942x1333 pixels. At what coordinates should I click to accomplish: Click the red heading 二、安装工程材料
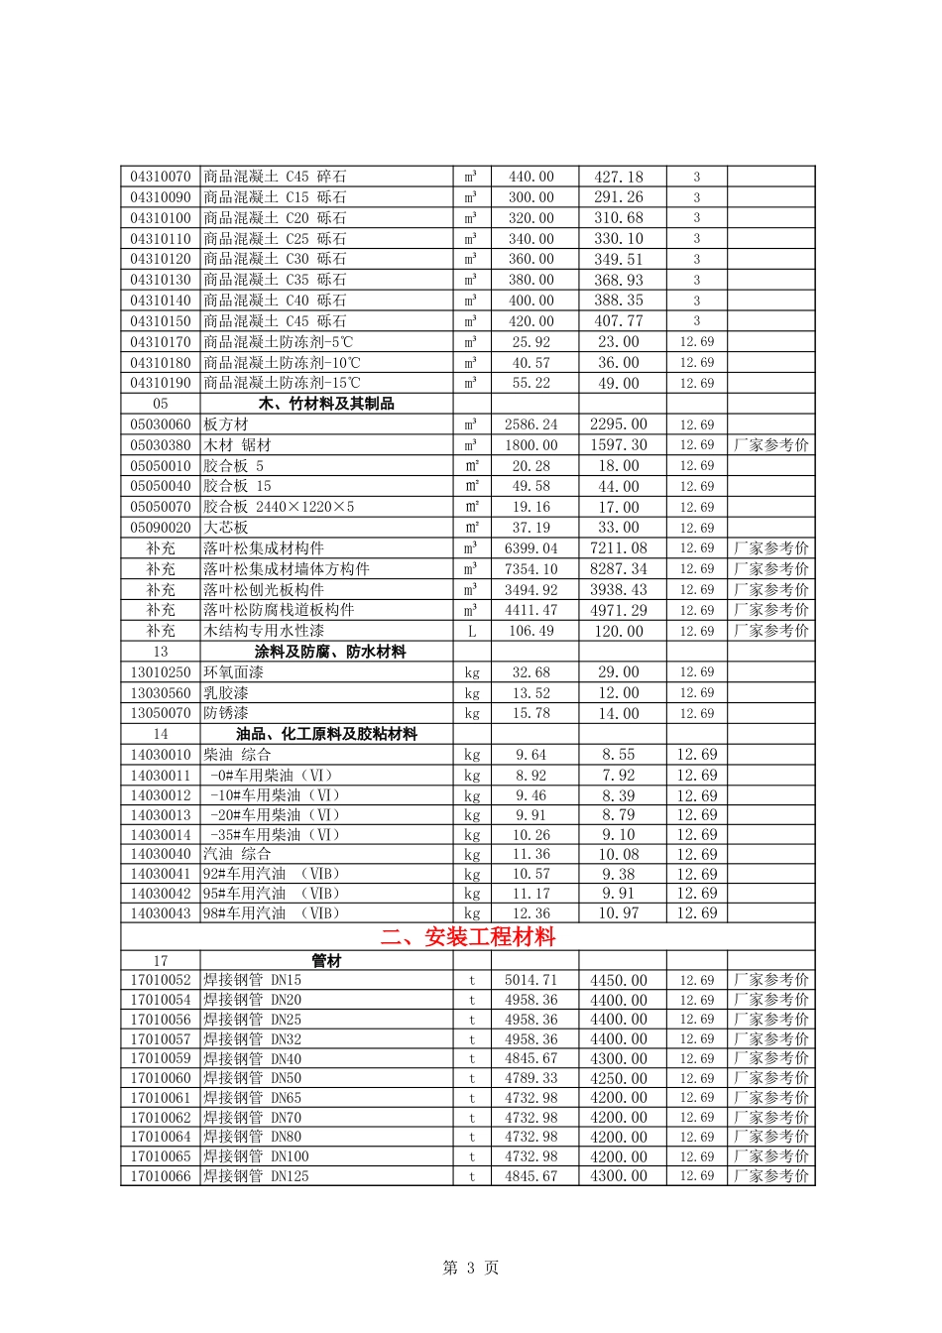(468, 937)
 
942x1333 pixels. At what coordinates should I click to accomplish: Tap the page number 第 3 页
(470, 1268)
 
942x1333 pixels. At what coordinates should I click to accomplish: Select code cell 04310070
(161, 177)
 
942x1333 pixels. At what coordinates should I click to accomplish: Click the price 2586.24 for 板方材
(531, 424)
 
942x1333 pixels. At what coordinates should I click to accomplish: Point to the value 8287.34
(619, 569)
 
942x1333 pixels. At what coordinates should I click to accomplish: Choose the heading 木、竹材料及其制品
(326, 404)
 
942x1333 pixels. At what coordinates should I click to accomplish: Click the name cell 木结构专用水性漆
(264, 631)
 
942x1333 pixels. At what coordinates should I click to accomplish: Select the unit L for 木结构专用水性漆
(472, 631)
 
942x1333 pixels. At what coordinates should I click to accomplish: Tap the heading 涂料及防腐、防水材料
(330, 652)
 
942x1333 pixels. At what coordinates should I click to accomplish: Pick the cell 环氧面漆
(226, 672)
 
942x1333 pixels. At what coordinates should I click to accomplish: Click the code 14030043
(161, 913)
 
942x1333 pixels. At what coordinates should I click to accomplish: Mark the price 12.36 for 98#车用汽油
(531, 913)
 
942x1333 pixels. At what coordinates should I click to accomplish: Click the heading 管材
(326, 960)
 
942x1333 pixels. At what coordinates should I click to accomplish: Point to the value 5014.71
(531, 980)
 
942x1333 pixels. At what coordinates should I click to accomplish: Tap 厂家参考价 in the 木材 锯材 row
(771, 445)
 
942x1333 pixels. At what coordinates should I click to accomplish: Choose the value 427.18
(619, 177)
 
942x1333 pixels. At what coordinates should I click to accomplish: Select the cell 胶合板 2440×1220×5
(279, 507)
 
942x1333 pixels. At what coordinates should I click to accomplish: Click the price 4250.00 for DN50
(619, 1078)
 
